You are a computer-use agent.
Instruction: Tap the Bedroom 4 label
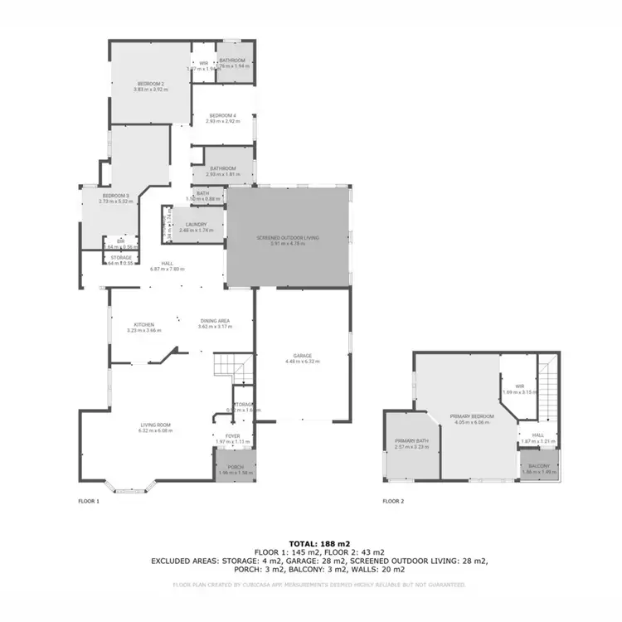(222, 115)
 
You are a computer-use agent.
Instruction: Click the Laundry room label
(196, 225)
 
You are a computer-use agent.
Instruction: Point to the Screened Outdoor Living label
(288, 238)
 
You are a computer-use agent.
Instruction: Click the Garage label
(302, 357)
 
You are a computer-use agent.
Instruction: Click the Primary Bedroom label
(472, 416)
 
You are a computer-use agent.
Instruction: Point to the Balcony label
(539, 466)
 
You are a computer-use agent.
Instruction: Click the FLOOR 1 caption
(89, 502)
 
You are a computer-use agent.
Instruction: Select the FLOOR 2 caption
(393, 502)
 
